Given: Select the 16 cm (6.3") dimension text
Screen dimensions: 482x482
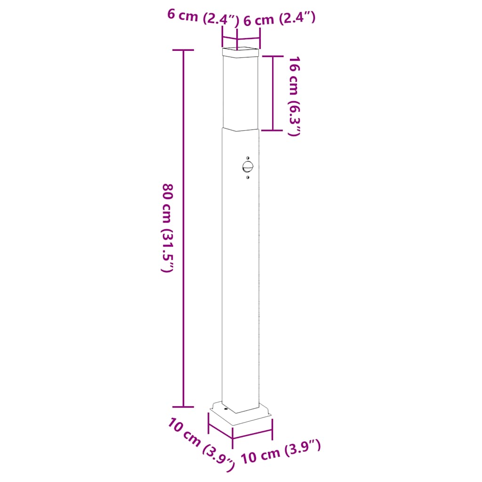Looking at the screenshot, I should pyautogui.click(x=294, y=96).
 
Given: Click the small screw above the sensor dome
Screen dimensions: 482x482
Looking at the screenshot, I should pyautogui.click(x=248, y=157).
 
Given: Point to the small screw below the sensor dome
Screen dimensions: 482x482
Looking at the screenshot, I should pyautogui.click(x=248, y=177).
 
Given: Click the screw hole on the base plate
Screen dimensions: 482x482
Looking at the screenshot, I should pyautogui.click(x=225, y=410).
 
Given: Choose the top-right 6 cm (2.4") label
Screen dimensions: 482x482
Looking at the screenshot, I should pyautogui.click(x=279, y=19).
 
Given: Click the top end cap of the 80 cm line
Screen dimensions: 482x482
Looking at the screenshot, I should pyautogui.click(x=183, y=50).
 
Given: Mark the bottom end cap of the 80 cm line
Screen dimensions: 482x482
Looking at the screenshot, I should pyautogui.click(x=183, y=406).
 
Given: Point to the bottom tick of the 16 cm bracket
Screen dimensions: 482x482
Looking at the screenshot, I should pyautogui.click(x=273, y=130).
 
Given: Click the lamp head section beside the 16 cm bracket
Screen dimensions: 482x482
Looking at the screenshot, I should pyautogui.click(x=241, y=92).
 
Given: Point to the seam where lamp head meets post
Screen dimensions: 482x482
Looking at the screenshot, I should pyautogui.click(x=241, y=129).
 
